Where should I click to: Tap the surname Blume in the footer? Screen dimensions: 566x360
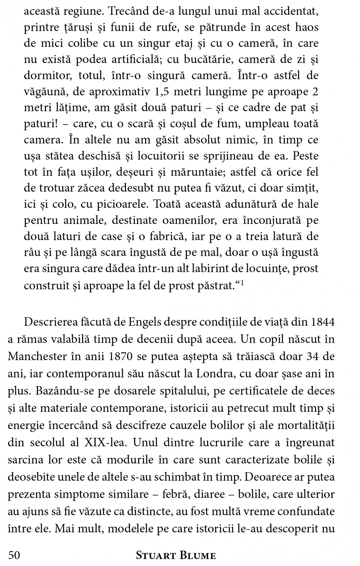(x=198, y=555)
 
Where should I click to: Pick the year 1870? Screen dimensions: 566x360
(x=121, y=356)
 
